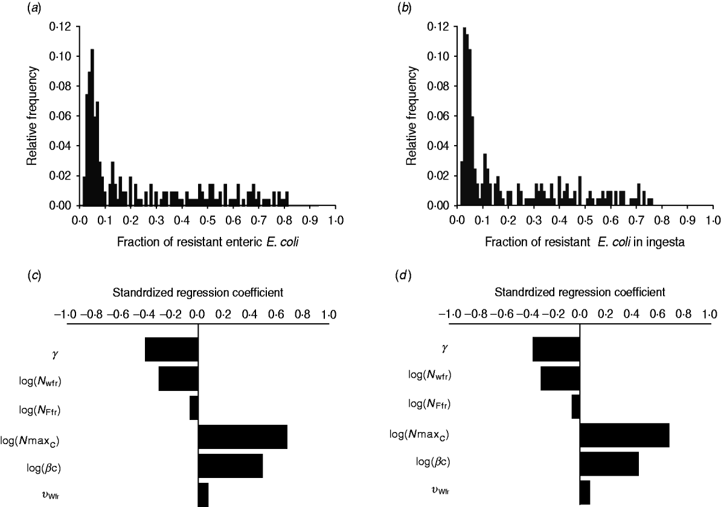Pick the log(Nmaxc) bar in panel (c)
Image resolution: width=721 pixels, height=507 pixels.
[243, 437]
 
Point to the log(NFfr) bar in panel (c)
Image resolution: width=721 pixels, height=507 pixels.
[194, 407]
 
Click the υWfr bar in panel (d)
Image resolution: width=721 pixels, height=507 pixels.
[585, 492]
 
